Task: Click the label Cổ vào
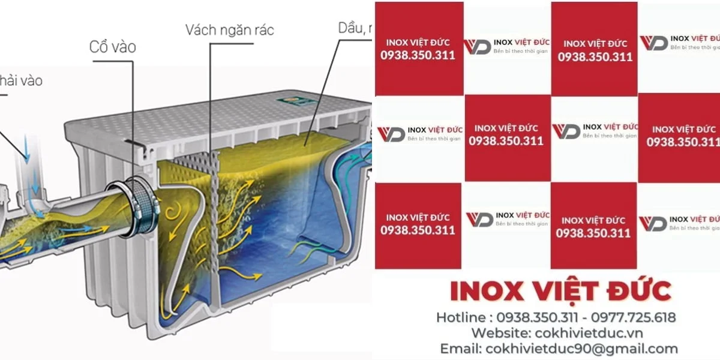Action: click(x=112, y=47)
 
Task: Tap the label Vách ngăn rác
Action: click(x=229, y=30)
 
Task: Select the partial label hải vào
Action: click(x=21, y=80)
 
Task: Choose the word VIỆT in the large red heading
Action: click(x=564, y=292)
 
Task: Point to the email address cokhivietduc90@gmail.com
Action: click(x=581, y=349)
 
